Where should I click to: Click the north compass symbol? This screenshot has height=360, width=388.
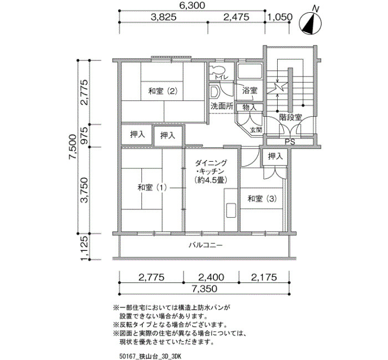pyautogui.click(x=310, y=23)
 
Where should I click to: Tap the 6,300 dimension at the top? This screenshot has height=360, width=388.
pyautogui.click(x=192, y=6)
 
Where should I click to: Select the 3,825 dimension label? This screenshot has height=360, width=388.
pyautogui.click(x=164, y=17)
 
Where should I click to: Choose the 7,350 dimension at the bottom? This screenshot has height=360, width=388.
pyautogui.click(x=204, y=289)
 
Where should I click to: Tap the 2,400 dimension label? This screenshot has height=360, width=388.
pyautogui.click(x=211, y=277)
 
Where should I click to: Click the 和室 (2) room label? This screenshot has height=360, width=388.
pyautogui.click(x=162, y=91)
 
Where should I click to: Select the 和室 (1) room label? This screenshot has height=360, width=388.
pyautogui.click(x=152, y=188)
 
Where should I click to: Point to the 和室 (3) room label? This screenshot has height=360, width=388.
pyautogui.click(x=262, y=198)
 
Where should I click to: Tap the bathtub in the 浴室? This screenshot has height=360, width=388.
pyautogui.click(x=250, y=71)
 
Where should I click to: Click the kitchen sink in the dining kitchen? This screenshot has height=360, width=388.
pyautogui.click(x=231, y=210)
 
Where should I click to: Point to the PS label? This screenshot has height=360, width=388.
pyautogui.click(x=290, y=142)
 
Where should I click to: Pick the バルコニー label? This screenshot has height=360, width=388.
pyautogui.click(x=206, y=245)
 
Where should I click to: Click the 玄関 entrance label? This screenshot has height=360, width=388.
pyautogui.click(x=256, y=130)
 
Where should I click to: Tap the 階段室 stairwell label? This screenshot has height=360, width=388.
pyautogui.click(x=290, y=117)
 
